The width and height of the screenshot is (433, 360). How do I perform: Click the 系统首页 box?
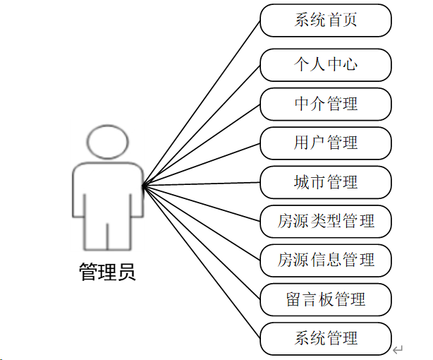[x=325, y=20]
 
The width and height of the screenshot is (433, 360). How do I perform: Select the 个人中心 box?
[x=325, y=65]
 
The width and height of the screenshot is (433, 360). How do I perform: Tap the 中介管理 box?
[x=325, y=104]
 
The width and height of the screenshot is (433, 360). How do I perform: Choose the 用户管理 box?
[x=325, y=143]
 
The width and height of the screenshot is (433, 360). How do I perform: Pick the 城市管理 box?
[x=325, y=183]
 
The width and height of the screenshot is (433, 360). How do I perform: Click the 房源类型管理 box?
[x=325, y=222]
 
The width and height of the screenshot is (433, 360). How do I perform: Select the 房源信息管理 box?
[x=325, y=260]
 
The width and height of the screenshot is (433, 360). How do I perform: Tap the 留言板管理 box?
[x=325, y=299]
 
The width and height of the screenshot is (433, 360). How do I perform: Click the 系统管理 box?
[x=325, y=339]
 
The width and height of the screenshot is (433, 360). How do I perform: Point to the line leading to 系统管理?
[x=201, y=263]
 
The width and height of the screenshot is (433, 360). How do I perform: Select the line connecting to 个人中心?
[x=201, y=126]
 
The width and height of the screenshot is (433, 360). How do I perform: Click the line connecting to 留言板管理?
[x=201, y=242]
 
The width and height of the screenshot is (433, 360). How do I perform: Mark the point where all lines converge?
[x=143, y=186]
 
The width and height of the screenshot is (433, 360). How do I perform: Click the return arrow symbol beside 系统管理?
[x=398, y=349]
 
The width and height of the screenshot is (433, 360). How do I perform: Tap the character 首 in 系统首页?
[x=334, y=20]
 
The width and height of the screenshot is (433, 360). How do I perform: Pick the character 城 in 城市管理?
[x=302, y=183]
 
